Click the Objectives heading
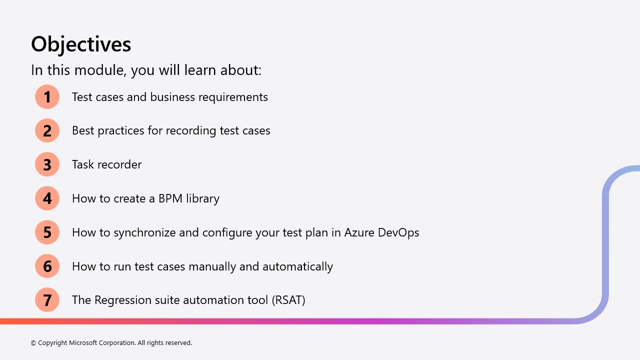pos(81,44)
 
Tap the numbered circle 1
pos(47,96)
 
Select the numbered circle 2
pos(47,130)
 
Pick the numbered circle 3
pos(47,164)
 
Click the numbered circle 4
pos(47,198)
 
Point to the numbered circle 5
pos(47,232)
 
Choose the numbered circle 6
pos(47,266)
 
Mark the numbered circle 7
pos(47,299)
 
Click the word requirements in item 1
pos(233,97)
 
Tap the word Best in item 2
pos(83,130)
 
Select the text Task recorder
pos(106,164)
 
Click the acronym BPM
pos(170,198)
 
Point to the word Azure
pos(359,232)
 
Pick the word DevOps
pos(398,233)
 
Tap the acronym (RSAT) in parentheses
pos(288,300)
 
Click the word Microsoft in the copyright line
pos(83,342)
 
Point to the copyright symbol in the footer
pos(33,343)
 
